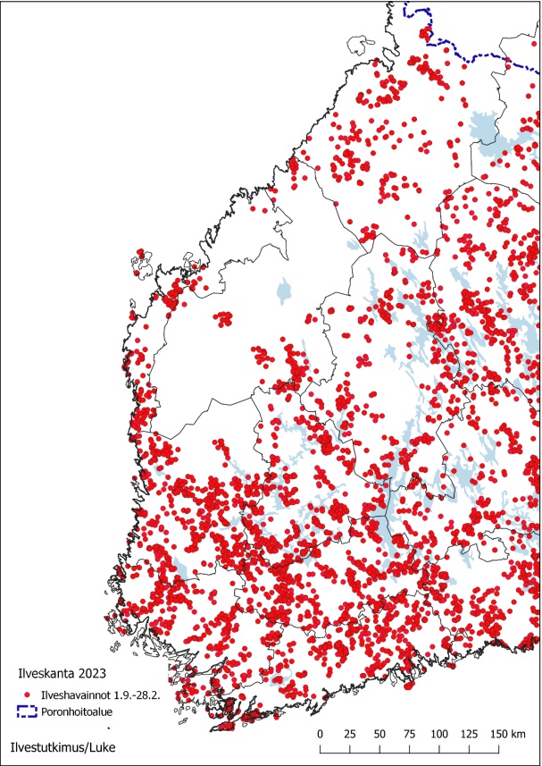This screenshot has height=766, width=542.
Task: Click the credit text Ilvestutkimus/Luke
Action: pyautogui.click(x=62, y=745)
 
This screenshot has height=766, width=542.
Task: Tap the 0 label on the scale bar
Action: pyautogui.click(x=321, y=734)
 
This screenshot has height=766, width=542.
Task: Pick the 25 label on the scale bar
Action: pyautogui.click(x=350, y=734)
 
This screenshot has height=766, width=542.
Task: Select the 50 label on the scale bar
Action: pyautogui.click(x=379, y=734)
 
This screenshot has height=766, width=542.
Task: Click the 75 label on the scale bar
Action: pyautogui.click(x=409, y=734)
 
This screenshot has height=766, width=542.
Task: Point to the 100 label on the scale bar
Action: pyautogui.click(x=438, y=734)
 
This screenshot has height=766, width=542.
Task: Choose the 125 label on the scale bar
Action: pyautogui.click(x=468, y=734)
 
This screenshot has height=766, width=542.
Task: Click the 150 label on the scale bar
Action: pyautogui.click(x=496, y=734)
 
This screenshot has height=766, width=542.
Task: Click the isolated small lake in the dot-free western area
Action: pyautogui.click(x=285, y=290)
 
